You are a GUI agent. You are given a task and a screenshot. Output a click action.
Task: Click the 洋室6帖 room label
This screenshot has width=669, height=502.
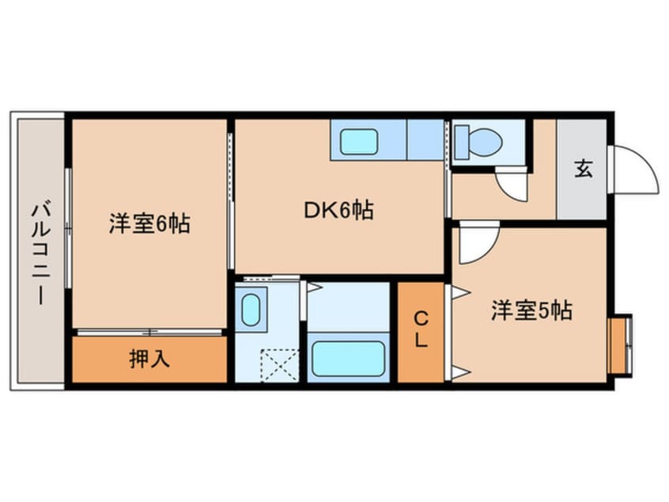[149, 224]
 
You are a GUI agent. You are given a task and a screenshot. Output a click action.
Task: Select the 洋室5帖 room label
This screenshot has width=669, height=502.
[531, 310]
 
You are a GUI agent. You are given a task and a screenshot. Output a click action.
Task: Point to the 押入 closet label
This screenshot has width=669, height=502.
[149, 359]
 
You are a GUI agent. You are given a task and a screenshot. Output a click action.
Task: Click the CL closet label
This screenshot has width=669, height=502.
[421, 330]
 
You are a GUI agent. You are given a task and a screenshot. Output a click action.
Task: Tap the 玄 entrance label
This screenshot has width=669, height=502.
[583, 169]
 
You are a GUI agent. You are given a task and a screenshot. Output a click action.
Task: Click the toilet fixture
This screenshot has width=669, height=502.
[479, 143]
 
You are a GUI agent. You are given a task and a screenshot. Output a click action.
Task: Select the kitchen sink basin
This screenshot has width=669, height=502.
[358, 143]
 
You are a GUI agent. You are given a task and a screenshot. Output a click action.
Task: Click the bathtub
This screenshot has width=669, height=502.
[347, 358]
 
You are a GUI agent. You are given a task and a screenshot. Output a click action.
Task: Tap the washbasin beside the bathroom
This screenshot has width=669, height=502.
[251, 309]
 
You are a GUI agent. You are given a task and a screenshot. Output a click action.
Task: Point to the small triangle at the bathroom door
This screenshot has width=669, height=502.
[312, 287]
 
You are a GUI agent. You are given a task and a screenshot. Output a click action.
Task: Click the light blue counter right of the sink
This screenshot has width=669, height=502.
[425, 141]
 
